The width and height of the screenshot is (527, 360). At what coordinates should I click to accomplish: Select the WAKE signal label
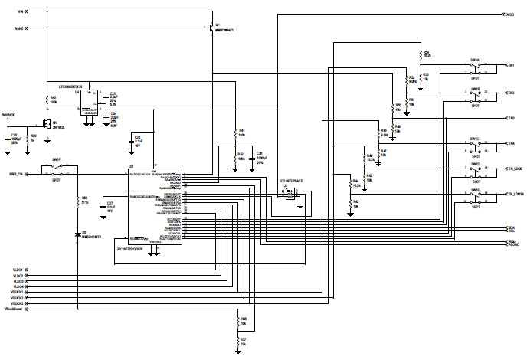(19, 28)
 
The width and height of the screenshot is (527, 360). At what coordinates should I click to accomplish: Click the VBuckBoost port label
(14, 309)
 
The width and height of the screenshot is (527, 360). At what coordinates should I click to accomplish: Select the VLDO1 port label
(18, 269)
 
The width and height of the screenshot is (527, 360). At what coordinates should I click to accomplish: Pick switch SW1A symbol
(475, 66)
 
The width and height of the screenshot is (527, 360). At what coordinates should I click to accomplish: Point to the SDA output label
(511, 227)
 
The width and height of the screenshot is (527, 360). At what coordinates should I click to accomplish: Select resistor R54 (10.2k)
(422, 54)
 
